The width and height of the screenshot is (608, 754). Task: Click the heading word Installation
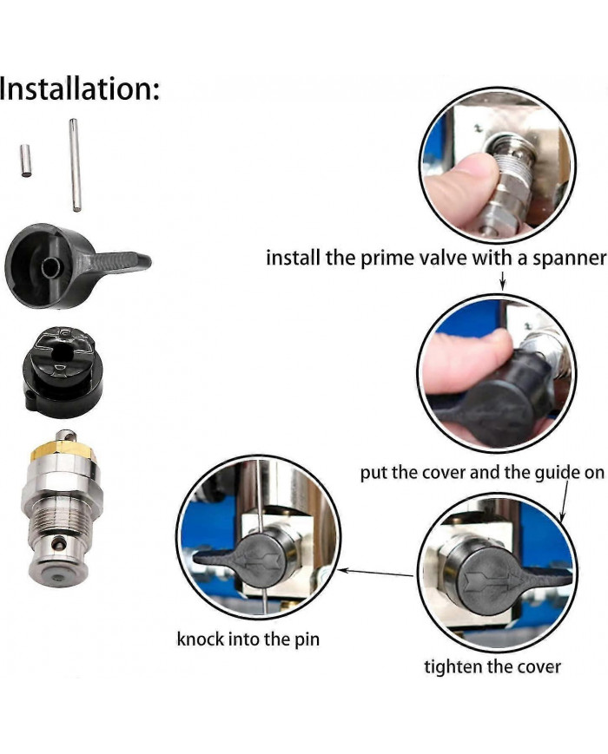[x=78, y=89]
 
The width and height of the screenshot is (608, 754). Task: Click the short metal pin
[x=26, y=161]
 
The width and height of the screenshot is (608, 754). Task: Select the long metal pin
[x=76, y=165]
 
